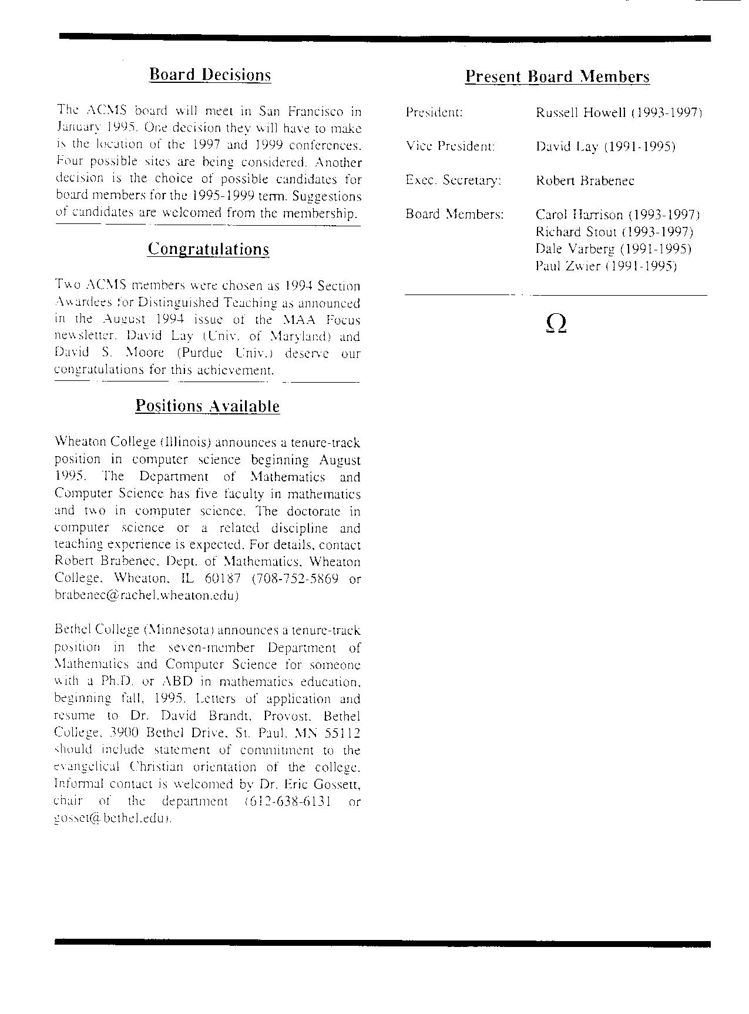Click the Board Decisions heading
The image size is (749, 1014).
coord(210,75)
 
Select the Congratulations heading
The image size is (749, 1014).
coord(208,249)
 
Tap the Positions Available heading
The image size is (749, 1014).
coord(207,406)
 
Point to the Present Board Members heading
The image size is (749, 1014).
coord(557,76)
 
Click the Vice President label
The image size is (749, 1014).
coord(450,146)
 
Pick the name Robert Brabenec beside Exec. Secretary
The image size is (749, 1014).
coord(585,180)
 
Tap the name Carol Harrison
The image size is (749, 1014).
coord(579,215)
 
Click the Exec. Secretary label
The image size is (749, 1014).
coord(454,180)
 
